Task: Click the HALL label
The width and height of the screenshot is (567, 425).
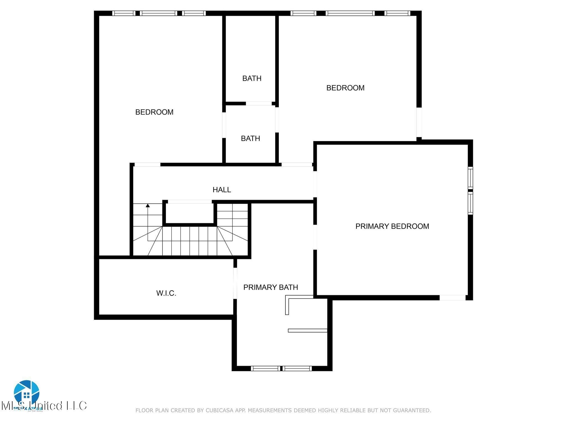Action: click(x=221, y=190)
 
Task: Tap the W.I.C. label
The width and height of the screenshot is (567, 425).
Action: click(x=166, y=293)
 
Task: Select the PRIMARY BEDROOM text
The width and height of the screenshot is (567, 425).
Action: click(x=392, y=226)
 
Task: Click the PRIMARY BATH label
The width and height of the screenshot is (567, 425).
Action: click(x=270, y=287)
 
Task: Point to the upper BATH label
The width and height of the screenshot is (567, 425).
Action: click(x=252, y=79)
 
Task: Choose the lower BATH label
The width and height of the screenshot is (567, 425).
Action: click(x=250, y=139)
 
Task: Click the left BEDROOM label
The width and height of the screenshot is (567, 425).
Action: click(x=154, y=112)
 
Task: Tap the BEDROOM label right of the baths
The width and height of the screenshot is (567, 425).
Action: click(x=345, y=88)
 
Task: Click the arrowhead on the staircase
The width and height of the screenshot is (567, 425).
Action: click(x=148, y=205)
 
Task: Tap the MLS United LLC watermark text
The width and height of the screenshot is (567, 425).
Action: click(x=44, y=406)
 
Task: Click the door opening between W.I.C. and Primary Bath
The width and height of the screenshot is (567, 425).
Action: click(x=235, y=283)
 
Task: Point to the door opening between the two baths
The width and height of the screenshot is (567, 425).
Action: click(x=259, y=103)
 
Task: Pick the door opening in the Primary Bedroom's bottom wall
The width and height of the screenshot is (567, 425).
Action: click(x=452, y=298)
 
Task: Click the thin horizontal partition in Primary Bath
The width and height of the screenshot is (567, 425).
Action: click(x=307, y=330)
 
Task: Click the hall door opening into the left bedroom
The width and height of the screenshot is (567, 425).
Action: click(x=147, y=165)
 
